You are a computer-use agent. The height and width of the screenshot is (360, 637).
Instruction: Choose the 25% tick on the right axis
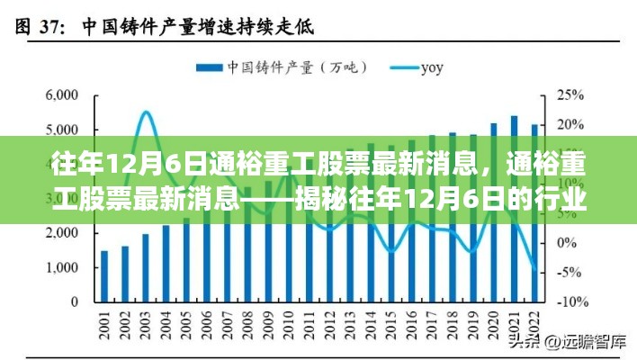(x=570, y=94)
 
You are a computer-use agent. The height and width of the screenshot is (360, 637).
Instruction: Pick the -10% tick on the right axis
(x=572, y=301)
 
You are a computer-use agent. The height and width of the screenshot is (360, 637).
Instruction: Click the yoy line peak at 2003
(x=146, y=112)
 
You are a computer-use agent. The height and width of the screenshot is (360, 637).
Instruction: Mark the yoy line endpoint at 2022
(x=534, y=270)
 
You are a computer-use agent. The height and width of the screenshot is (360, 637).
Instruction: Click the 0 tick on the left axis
(x=82, y=301)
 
